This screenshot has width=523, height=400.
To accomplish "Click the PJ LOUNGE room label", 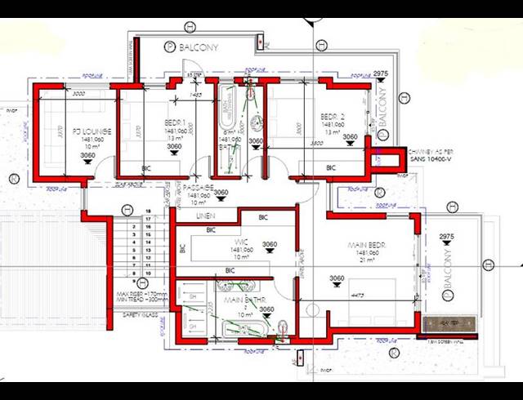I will pyautogui.click(x=86, y=131).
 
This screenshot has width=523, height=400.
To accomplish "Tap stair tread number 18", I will pyautogui.click(x=148, y=220).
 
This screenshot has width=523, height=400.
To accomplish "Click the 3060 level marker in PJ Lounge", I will pyautogui.click(x=87, y=156).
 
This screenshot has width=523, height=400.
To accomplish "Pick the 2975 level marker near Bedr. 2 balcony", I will pyautogui.click(x=379, y=74).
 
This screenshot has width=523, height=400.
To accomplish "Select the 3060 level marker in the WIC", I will pyautogui.click(x=270, y=244).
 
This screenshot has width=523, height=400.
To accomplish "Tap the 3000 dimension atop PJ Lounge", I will pyautogui.click(x=56, y=94).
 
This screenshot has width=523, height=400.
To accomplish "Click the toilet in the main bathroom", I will pyautogui.click(x=283, y=328).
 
